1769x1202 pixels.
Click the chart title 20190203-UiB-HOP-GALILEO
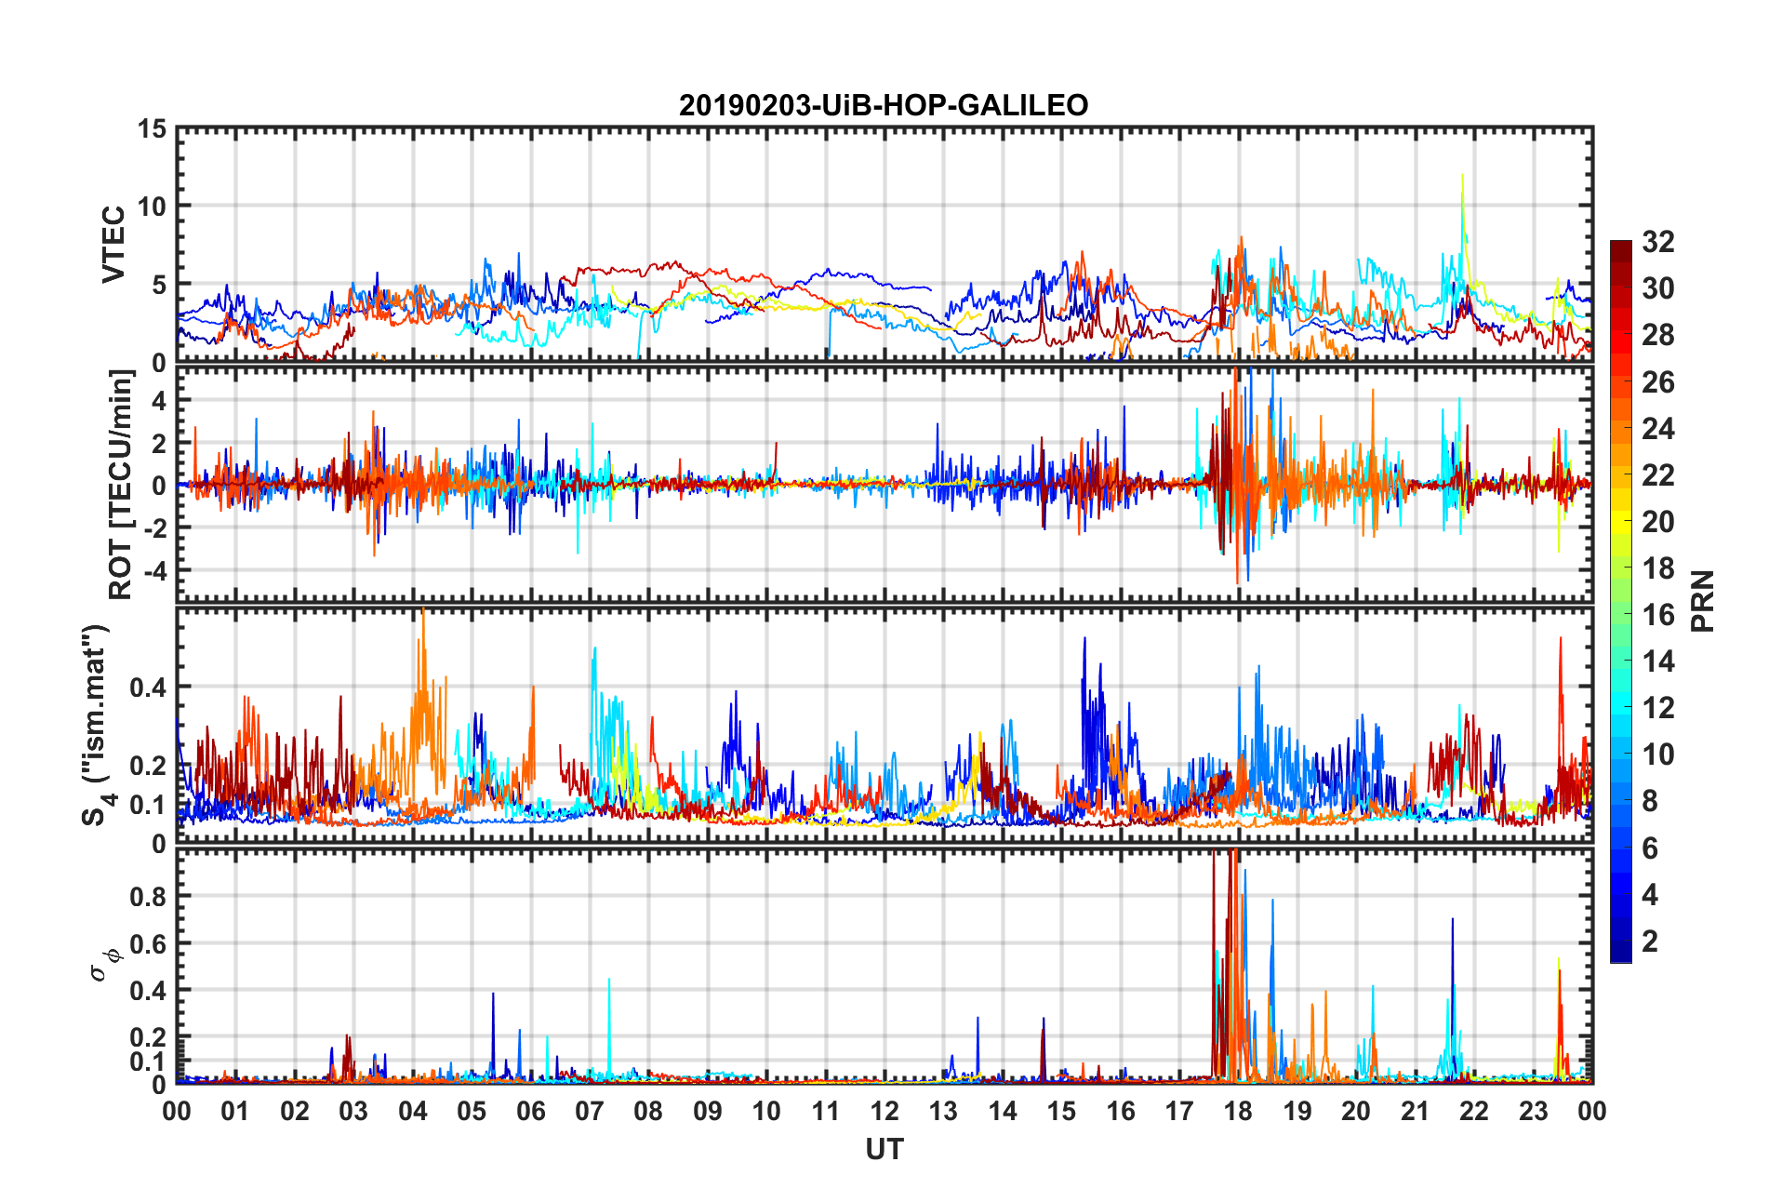[x=884, y=105]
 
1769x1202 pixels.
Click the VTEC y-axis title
[x=113, y=245]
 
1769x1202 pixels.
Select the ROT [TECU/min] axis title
[x=120, y=484]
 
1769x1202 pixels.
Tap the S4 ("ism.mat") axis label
[x=96, y=726]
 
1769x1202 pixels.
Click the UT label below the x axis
[x=884, y=1150]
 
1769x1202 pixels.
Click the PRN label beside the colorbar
[x=1703, y=601]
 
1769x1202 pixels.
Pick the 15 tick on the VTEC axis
[x=152, y=129]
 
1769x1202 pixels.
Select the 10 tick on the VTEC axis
[x=152, y=207]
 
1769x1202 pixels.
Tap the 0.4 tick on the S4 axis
[x=147, y=688]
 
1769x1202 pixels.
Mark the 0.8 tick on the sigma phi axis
[x=147, y=897]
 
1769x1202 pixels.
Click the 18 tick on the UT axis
[x=1238, y=1111]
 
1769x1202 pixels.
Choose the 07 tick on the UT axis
[x=590, y=1111]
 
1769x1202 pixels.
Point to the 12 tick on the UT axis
[x=884, y=1111]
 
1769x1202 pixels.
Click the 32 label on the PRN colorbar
[x=1657, y=242]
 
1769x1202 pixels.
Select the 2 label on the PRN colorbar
[x=1650, y=941]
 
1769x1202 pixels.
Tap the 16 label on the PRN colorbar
[x=1657, y=615]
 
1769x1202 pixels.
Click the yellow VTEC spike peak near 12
[x=1462, y=175]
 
